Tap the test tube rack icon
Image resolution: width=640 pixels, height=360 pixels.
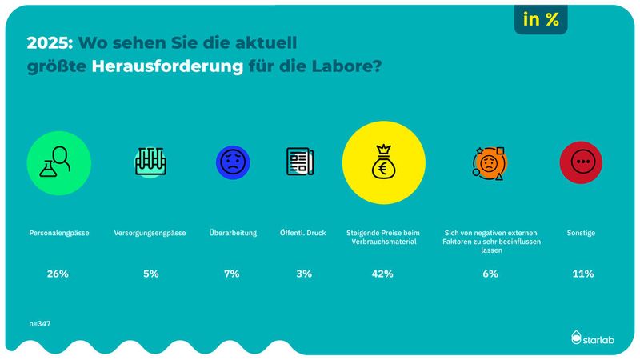150,162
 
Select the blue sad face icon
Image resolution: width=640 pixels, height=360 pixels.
233,162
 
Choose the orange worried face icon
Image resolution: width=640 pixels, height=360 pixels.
489,163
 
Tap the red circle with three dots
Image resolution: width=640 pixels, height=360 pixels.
581,162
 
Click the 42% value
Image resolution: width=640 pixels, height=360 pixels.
382,274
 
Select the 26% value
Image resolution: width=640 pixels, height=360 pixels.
58,274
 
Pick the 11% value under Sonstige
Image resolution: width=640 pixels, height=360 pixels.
582,274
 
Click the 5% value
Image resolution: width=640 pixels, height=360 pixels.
150,274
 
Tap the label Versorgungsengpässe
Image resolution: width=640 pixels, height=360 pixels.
150,233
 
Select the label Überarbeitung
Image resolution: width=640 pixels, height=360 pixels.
233,233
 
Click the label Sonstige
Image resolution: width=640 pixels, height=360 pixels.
582,233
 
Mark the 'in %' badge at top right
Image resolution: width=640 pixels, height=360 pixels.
541,20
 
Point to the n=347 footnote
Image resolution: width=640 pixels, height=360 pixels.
39,325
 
